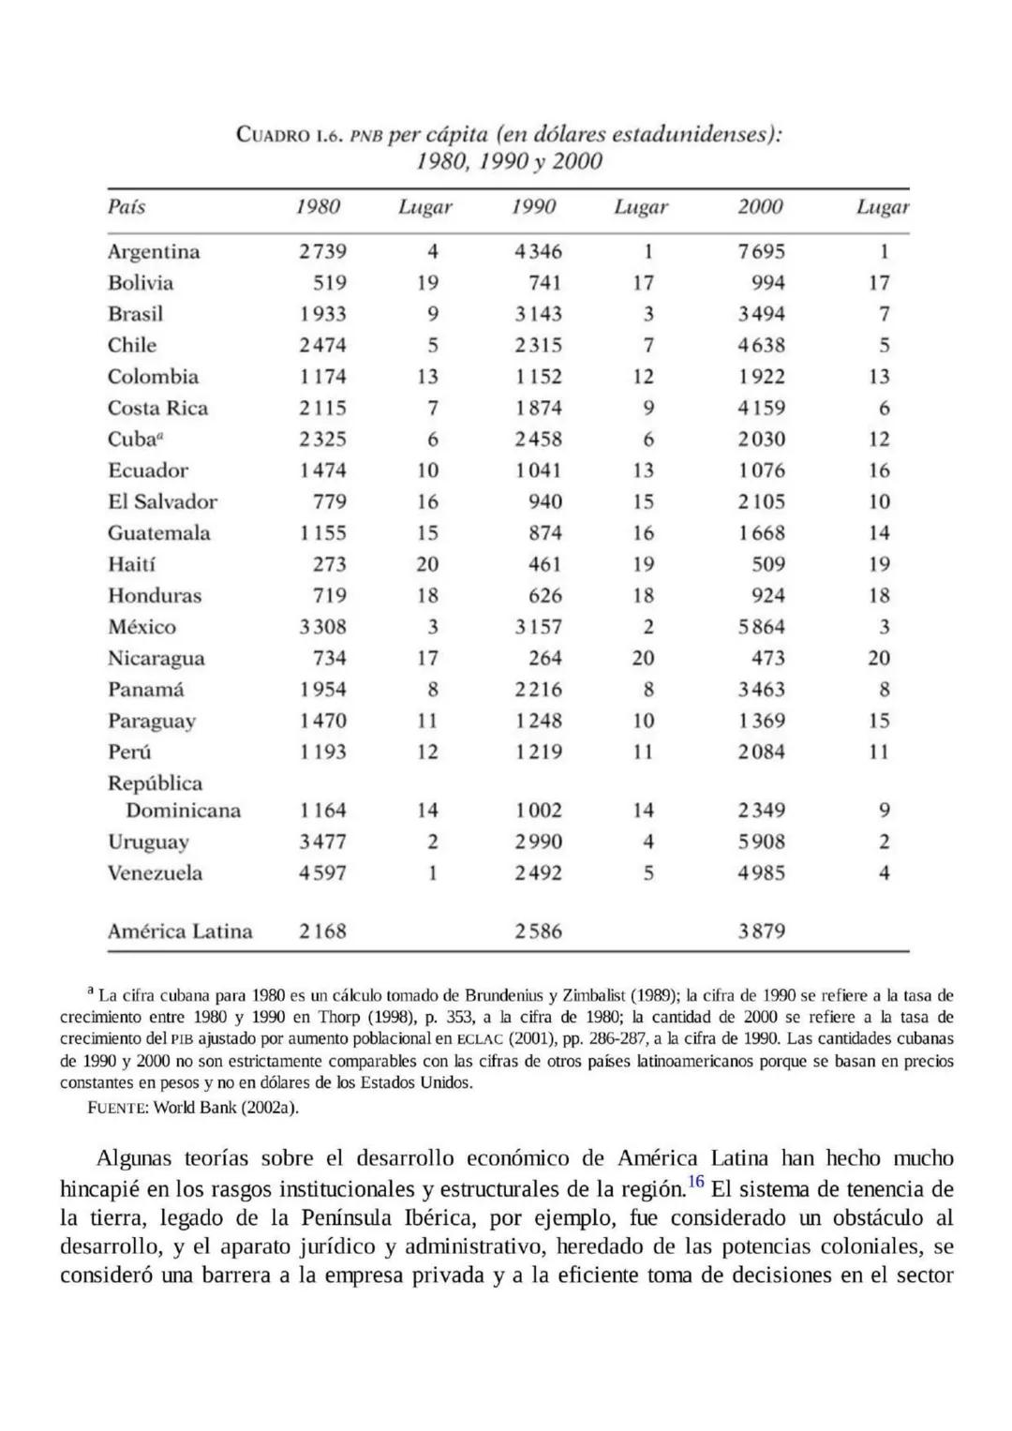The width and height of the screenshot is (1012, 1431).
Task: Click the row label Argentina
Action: click(x=154, y=252)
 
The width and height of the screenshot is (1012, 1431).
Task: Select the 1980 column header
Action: click(x=318, y=207)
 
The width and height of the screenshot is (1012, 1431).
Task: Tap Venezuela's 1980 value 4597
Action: click(x=322, y=873)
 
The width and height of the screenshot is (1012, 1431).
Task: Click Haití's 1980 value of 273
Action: click(x=329, y=564)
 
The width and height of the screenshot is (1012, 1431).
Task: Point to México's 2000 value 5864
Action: click(x=761, y=627)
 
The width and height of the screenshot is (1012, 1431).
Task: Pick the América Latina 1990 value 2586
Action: click(x=538, y=932)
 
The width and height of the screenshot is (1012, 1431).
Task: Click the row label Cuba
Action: click(x=132, y=440)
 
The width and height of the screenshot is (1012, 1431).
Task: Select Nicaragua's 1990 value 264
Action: click(x=544, y=658)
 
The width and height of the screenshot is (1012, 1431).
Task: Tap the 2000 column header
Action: click(x=760, y=207)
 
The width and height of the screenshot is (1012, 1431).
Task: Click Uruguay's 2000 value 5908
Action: click(x=761, y=842)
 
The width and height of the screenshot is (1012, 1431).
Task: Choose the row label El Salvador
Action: click(x=162, y=502)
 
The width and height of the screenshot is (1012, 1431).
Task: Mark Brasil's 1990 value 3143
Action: click(x=538, y=314)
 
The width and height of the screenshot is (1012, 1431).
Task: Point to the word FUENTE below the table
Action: click(x=116, y=1108)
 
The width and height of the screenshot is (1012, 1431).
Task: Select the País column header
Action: click(x=126, y=207)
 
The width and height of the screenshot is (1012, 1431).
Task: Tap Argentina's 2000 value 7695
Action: click(x=761, y=252)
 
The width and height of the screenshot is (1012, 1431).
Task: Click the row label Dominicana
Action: click(x=183, y=811)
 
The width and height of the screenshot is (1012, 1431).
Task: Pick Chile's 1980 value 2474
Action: click(x=322, y=346)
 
